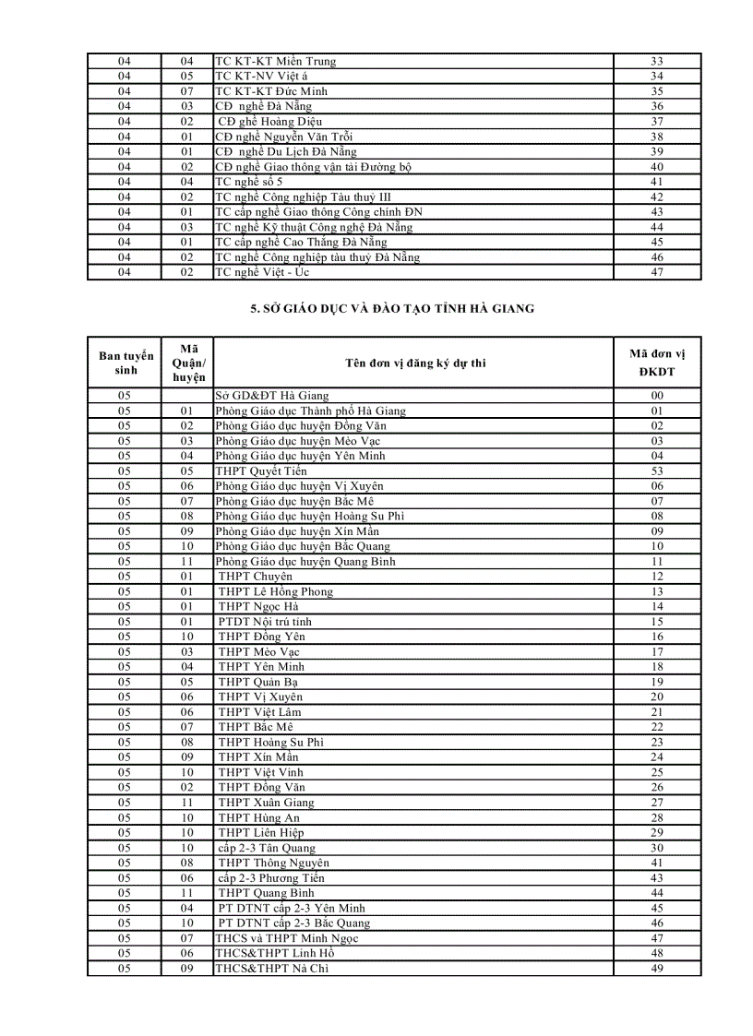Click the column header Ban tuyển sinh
tap(126, 363)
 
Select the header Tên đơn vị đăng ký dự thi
tap(415, 363)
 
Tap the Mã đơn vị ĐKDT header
tap(657, 363)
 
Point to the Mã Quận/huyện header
tap(188, 363)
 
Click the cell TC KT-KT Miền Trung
tap(276, 62)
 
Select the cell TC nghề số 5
tap(249, 183)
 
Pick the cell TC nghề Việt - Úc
tap(262, 273)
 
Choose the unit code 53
tap(657, 471)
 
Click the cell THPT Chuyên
tap(256, 577)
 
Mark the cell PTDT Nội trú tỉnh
tap(265, 622)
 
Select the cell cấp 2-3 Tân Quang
tap(267, 848)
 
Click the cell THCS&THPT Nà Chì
tap(271, 969)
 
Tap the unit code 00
tap(657, 396)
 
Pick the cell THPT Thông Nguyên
tap(273, 863)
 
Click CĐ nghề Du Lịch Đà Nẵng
tap(286, 152)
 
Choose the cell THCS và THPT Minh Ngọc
tap(286, 938)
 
